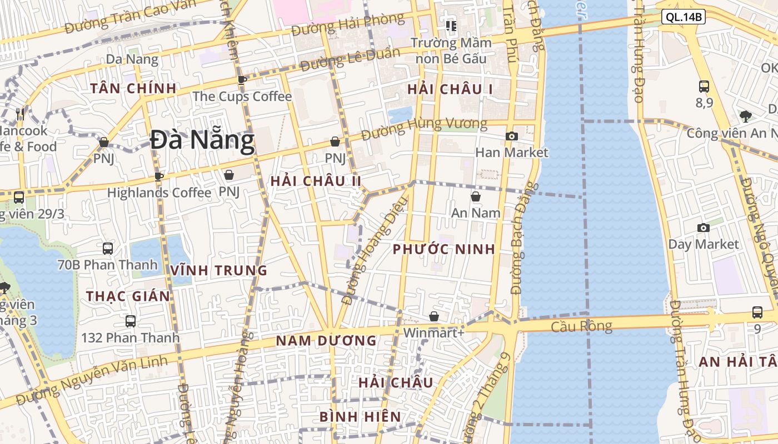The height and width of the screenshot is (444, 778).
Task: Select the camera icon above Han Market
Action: tap(512, 136)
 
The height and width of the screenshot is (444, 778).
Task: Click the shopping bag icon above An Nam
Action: tap(476, 196)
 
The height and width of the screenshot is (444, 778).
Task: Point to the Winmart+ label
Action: tap(433, 332)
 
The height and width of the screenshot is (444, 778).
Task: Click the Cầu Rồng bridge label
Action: tap(581, 326)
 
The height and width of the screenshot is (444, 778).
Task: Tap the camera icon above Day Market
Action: tap(704, 228)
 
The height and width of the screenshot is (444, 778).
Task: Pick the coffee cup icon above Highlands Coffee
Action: tap(159, 176)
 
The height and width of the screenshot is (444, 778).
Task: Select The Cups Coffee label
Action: tap(242, 97)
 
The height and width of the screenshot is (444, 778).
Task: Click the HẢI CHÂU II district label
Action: tap(316, 181)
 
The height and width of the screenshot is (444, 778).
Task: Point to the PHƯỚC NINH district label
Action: tap(443, 249)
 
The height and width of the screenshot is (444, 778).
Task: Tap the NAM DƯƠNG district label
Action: tap(326, 341)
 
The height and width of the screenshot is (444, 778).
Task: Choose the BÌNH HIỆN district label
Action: tap(360, 417)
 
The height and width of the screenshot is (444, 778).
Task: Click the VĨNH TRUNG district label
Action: tap(219, 270)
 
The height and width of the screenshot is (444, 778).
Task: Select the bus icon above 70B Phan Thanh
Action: tap(108, 248)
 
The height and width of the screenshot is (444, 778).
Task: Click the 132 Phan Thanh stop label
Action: tap(131, 337)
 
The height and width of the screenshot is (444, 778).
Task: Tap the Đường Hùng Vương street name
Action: tap(424, 129)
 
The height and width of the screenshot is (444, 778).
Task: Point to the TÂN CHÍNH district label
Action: tap(133, 88)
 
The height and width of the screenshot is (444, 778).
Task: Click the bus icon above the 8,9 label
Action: tap(704, 86)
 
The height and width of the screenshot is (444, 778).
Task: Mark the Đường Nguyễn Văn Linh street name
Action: tap(92, 381)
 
